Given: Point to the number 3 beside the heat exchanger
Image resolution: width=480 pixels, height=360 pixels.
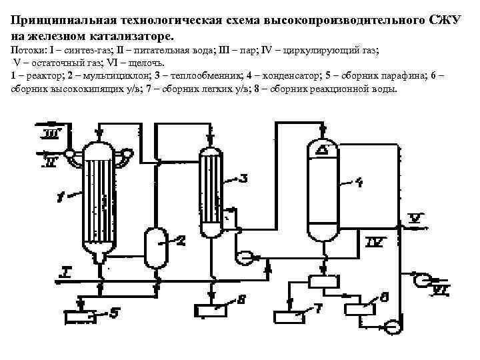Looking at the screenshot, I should (243, 178).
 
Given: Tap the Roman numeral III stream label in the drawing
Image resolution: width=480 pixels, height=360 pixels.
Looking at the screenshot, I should (49, 136).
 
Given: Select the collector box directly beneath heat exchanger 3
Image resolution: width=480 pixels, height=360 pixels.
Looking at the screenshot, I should (212, 310).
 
